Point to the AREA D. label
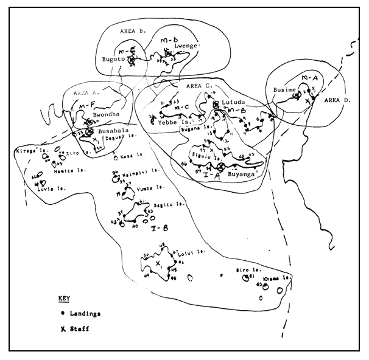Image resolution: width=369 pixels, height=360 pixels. click(x=336, y=100)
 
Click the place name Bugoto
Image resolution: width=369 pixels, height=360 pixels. click(x=113, y=60)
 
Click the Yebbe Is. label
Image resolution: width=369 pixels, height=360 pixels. click(x=172, y=120)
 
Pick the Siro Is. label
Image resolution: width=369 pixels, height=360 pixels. click(x=244, y=269)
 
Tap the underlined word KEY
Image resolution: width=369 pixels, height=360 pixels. click(x=64, y=300)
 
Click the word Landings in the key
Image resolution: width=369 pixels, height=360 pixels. click(x=85, y=314)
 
